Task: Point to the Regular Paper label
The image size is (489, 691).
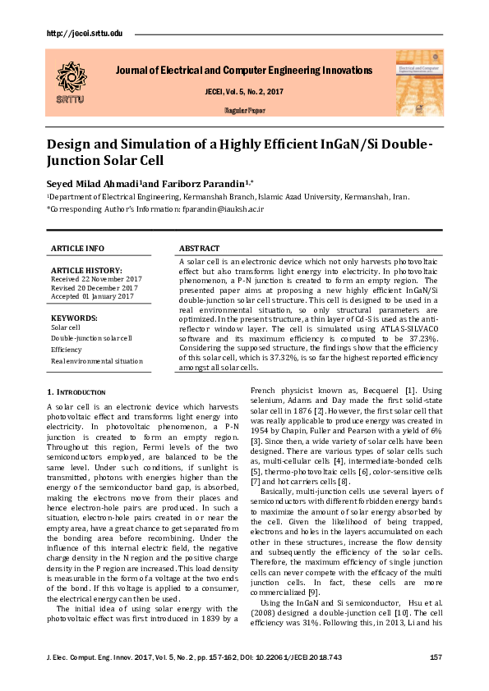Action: tap(244, 109)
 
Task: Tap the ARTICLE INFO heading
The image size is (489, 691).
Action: tap(77, 248)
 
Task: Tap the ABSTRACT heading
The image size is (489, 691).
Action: tap(199, 248)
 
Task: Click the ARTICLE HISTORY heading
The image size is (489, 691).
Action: tap(86, 270)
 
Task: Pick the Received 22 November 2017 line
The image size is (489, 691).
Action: tap(96, 279)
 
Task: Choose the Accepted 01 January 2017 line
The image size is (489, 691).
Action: tap(92, 296)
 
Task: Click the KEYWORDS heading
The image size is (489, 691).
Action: tap(74, 317)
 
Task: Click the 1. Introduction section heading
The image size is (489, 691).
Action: tap(76, 393)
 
